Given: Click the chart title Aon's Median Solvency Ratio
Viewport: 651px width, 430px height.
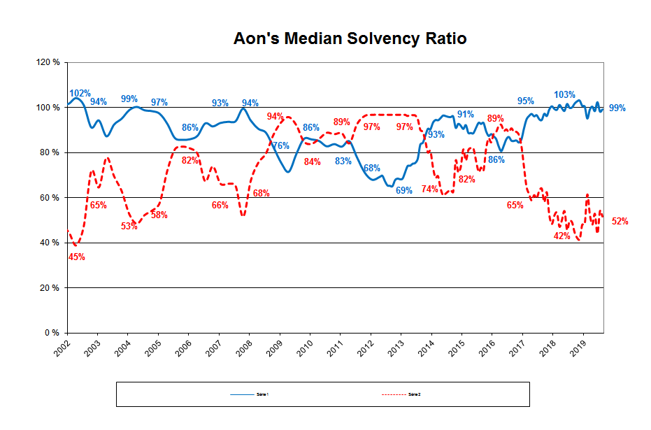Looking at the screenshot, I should click(x=350, y=39).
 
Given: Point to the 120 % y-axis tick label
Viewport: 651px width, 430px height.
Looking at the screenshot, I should click(x=48, y=62).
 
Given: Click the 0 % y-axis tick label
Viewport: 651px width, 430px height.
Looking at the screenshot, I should click(x=52, y=333).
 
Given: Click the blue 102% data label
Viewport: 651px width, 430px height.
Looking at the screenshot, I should click(x=80, y=93).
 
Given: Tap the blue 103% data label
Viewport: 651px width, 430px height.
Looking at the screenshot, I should click(x=564, y=95).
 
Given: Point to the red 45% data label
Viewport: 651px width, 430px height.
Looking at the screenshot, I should click(x=76, y=257).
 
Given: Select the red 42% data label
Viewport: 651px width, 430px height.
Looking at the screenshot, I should click(x=562, y=236).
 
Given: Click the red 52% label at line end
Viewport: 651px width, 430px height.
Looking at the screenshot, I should click(x=620, y=222).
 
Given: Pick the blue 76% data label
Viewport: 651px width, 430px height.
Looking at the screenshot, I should click(x=280, y=146).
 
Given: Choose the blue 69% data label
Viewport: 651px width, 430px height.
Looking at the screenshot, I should click(x=403, y=189).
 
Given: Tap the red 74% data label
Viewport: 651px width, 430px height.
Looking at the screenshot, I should click(x=429, y=189).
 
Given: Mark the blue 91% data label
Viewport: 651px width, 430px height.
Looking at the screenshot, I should click(x=466, y=114).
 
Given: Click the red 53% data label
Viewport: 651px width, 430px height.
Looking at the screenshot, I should click(x=129, y=226).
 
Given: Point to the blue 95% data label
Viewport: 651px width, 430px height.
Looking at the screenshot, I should click(x=526, y=101).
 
